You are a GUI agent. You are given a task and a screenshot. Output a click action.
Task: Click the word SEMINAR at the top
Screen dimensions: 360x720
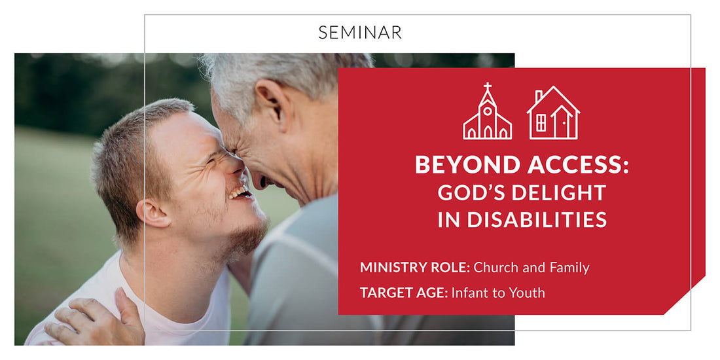click(x=360, y=32)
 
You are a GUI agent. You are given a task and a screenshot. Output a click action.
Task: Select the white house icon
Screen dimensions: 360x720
click(x=553, y=114)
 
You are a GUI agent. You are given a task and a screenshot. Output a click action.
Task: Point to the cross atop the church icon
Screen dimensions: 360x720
click(x=487, y=87)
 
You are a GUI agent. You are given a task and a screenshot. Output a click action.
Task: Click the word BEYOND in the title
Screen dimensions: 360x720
click(x=459, y=166)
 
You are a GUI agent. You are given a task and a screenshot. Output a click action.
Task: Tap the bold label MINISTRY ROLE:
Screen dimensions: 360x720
click(x=414, y=267)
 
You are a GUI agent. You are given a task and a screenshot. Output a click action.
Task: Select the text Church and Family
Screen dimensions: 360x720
click(x=531, y=267)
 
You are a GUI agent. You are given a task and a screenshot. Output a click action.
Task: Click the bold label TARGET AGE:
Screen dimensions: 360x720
click(x=404, y=293)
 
